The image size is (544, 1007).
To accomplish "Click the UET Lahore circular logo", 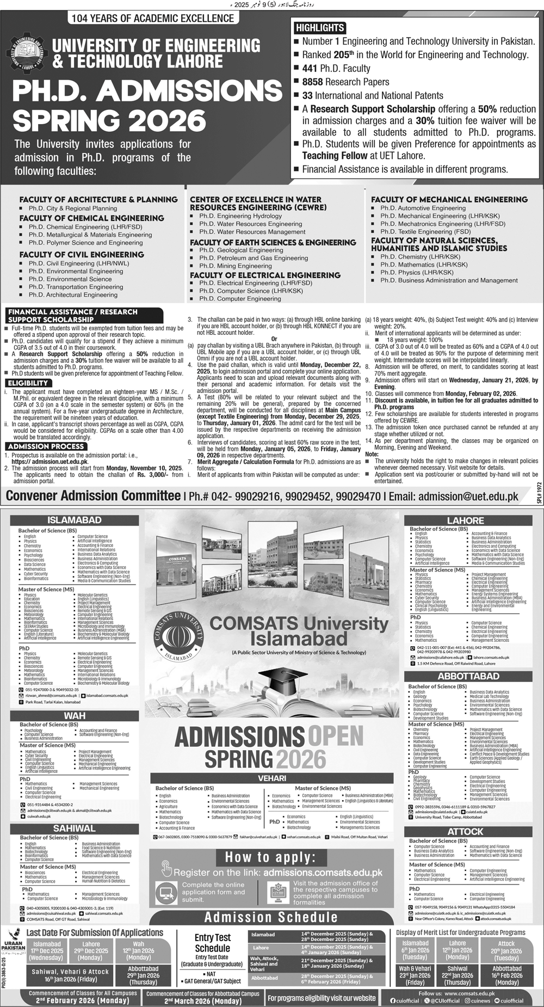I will [27, 53].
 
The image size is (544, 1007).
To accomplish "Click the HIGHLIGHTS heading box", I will [320, 28].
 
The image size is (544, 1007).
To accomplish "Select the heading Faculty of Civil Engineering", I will [82, 254].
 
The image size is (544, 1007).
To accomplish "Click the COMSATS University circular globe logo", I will [179, 635].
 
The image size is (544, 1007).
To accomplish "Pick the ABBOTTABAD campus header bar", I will [468, 676].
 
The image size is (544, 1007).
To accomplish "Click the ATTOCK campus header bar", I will [465, 832].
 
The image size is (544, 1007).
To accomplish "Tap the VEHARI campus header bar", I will [272, 778].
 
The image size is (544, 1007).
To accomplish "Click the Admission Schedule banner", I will [271, 917].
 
